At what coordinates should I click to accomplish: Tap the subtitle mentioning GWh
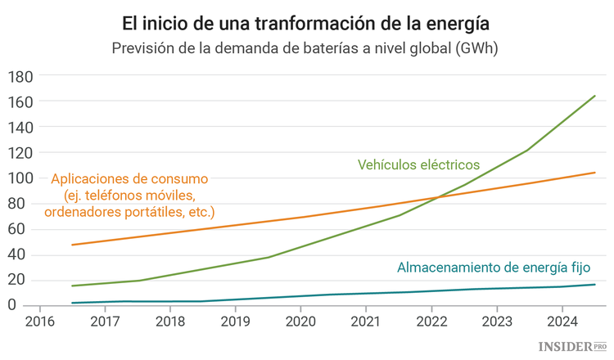306,47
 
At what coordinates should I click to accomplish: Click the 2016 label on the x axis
38,321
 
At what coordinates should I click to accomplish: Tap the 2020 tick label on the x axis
300,321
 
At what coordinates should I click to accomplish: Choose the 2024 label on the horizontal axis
562,321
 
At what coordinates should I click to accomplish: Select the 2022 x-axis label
431,321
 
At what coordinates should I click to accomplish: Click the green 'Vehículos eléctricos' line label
418,164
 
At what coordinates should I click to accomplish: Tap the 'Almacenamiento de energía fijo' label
493,268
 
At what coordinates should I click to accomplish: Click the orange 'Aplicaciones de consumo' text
129,178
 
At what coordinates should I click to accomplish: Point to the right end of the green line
595,96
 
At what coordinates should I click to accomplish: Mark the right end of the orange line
595,173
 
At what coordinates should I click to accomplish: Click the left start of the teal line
72,303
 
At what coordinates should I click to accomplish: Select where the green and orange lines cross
434,197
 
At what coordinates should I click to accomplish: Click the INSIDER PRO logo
572,347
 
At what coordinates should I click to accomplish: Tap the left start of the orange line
72,245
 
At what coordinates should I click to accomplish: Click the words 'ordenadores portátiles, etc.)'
129,213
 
